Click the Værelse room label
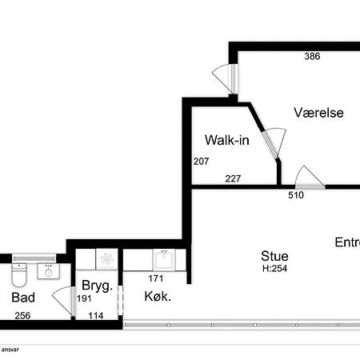pos(318,113)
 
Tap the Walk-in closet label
pos(227,140)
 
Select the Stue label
pos(274,256)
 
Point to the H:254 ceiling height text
pos(274,269)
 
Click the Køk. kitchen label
pos(158,296)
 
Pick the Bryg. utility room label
pos(97,286)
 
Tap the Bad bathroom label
pos(23,298)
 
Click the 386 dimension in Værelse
pos(312,56)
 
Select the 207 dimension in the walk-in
pos(201,162)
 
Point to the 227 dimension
pos(233,178)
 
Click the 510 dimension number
pos(296,195)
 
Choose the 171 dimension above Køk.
pos(156,278)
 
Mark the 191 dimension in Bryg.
pos(84,298)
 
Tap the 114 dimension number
pos(96,316)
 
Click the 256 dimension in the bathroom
pos(22,316)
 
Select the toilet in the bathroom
pos(19,274)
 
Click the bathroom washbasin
pos(48,271)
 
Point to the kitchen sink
pos(164,259)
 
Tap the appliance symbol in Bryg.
pos(106,259)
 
